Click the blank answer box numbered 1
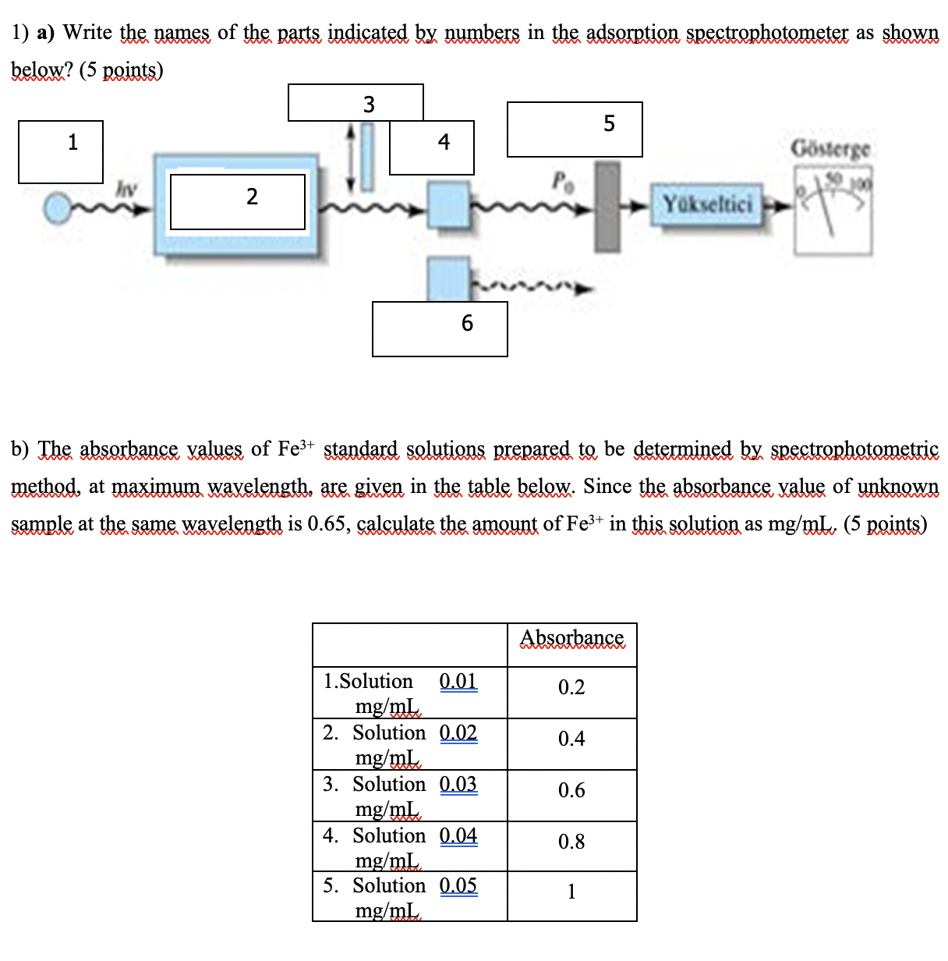[61, 152]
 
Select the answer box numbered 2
[237, 202]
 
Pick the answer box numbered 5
[575, 129]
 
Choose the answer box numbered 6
[440, 329]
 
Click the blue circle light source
[57, 208]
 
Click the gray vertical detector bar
[607, 206]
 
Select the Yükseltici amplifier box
[707, 205]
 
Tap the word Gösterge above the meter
[830, 148]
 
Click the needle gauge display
[833, 215]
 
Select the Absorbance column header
[571, 638]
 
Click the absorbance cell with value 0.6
[571, 790]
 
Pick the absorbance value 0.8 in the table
[571, 842]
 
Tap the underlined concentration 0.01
[458, 681]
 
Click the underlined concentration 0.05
[458, 885]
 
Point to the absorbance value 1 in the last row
[571, 892]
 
